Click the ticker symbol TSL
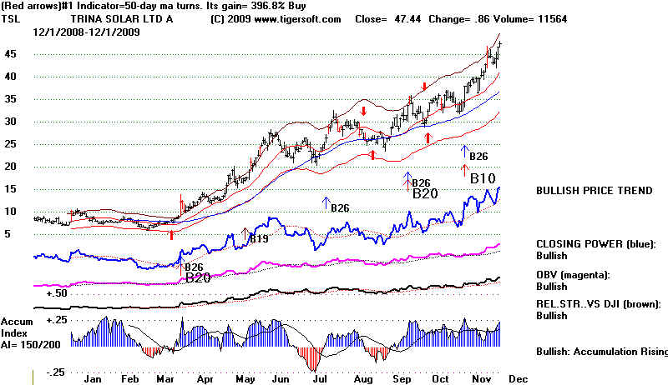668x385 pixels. (11, 18)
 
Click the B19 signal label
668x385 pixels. (257, 239)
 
